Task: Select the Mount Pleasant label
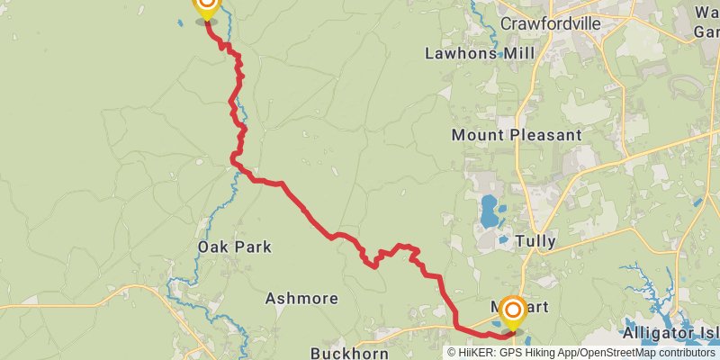coord(517,135)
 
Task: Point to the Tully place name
coord(536,241)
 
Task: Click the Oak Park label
coord(234,247)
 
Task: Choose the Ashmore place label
coord(301,298)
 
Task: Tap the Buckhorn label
coord(349,354)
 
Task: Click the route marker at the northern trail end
coord(207,7)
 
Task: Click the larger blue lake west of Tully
coord(490,212)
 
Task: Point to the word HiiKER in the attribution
coord(478,353)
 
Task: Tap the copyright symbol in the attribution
coord(454,353)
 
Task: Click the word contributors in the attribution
coord(687,353)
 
